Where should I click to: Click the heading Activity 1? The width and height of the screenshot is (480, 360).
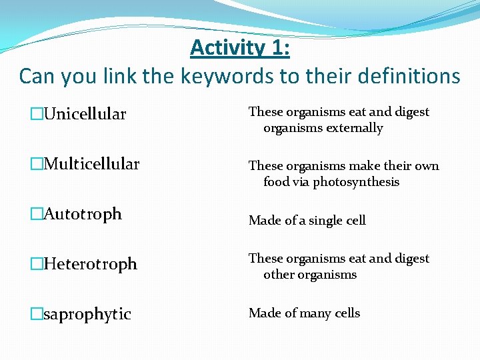pos(239,48)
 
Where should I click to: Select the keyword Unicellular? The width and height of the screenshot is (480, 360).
pos(84,115)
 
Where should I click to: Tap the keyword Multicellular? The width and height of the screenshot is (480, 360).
pos(91,164)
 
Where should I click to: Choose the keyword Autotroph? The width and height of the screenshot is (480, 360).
pos(82,214)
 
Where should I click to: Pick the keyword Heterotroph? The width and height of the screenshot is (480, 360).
pos(89,264)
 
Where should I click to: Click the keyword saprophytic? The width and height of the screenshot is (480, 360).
pos(87,314)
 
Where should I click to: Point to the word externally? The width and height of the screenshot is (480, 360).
pos(356,128)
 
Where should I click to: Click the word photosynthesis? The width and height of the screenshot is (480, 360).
pos(356,182)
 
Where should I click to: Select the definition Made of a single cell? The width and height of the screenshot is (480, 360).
pos(307,220)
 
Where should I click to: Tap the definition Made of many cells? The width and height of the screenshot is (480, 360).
pos(304,313)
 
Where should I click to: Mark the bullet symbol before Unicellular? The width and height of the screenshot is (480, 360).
pos(36,115)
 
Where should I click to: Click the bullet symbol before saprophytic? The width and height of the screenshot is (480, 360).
pos(36,314)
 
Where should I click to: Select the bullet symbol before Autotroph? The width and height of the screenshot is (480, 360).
pos(36,214)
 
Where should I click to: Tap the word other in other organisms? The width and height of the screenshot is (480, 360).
pos(279,275)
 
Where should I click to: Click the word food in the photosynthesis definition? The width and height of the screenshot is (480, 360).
pos(277,182)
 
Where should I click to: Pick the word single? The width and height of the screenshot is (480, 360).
pos(325,221)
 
